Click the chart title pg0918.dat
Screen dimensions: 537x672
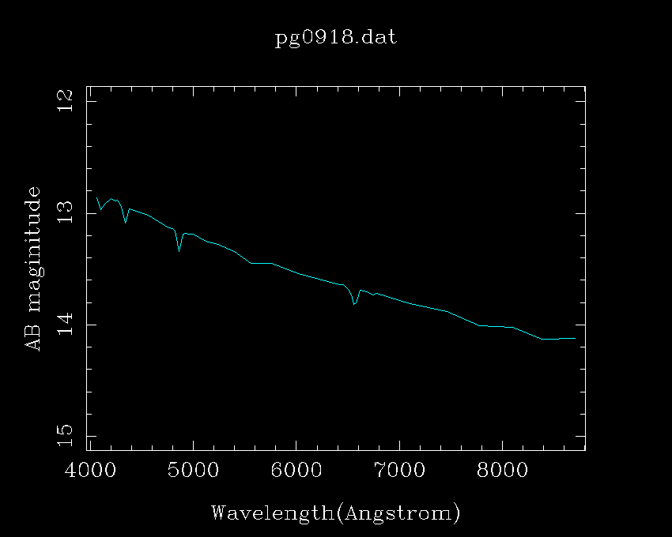click(335, 38)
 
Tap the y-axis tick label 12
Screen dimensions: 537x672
click(67, 100)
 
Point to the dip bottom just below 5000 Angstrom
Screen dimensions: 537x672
click(179, 251)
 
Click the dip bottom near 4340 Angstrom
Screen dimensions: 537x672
click(125, 223)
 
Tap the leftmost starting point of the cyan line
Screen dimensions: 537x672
click(96, 198)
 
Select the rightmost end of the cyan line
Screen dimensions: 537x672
click(575, 338)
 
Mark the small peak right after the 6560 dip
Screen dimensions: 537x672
click(361, 291)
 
